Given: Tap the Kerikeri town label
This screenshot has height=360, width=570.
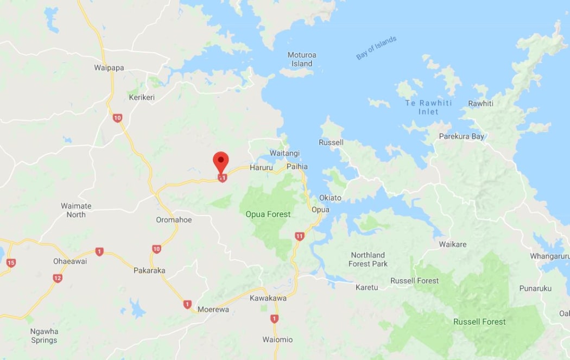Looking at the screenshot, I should [x=142, y=97].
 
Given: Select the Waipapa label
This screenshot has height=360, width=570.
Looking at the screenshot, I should [x=109, y=68].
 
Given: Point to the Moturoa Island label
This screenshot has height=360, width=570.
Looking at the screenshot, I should [x=302, y=59].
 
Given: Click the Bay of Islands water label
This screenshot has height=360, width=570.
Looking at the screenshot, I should [x=376, y=48].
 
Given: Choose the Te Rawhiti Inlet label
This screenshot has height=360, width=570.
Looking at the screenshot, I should [x=421, y=107].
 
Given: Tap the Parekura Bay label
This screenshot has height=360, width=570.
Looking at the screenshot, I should [x=461, y=136].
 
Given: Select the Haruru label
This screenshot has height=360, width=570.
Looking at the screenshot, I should [x=261, y=168].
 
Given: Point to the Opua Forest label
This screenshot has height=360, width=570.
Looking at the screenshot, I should [x=268, y=214].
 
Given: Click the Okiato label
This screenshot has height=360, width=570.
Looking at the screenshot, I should [x=331, y=198].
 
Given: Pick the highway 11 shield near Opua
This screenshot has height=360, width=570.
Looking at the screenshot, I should [x=300, y=236].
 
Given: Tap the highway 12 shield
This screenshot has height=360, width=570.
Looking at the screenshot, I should [x=58, y=278].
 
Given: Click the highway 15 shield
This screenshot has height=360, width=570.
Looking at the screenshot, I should [x=11, y=263].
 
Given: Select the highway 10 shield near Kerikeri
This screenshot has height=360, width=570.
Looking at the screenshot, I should [x=117, y=118].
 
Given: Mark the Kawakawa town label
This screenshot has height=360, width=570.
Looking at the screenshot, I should [x=268, y=298].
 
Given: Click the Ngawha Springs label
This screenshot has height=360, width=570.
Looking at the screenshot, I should [x=44, y=336].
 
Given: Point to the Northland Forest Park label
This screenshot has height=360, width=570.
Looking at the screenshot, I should [x=368, y=260].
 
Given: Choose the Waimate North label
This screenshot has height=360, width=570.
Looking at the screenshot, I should [x=76, y=210].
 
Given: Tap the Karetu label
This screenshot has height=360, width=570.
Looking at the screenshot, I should [x=366, y=287].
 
